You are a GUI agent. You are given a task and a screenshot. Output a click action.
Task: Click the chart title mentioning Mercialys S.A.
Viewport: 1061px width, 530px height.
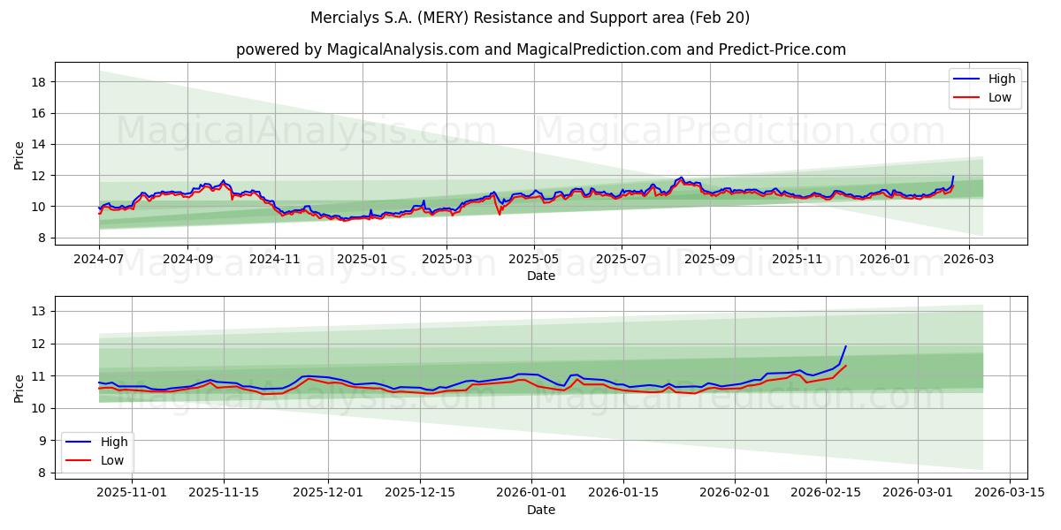(530, 18)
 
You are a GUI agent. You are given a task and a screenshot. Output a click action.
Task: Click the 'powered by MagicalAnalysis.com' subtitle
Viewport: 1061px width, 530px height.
(540, 49)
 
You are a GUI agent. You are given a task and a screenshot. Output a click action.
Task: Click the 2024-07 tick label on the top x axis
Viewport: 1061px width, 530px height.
(99, 259)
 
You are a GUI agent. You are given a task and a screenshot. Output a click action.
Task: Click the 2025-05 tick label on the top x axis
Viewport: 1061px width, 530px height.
(534, 259)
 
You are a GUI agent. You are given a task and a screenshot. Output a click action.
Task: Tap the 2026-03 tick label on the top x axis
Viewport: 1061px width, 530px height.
(969, 259)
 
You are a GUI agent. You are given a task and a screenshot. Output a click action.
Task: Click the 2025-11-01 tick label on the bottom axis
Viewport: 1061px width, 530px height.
(132, 493)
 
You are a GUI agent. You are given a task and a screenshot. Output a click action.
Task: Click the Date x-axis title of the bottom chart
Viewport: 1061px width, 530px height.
(540, 510)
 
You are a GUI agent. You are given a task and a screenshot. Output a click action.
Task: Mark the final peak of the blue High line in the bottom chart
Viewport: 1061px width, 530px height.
(846, 346)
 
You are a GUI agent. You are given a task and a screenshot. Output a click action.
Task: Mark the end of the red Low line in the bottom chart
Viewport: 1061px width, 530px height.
(846, 366)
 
